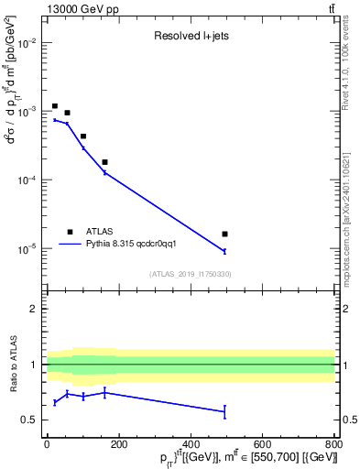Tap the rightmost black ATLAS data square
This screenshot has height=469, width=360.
point(224,234)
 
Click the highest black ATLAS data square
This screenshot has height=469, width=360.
point(55,106)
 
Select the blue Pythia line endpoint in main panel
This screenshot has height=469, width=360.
point(224,251)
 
